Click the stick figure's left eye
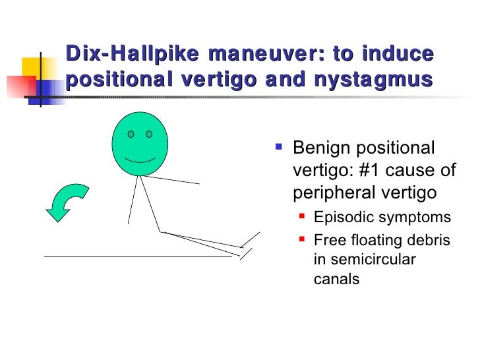click(131, 135)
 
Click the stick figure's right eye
click(149, 135)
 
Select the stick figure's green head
click(140, 145)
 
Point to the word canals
click(336, 279)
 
